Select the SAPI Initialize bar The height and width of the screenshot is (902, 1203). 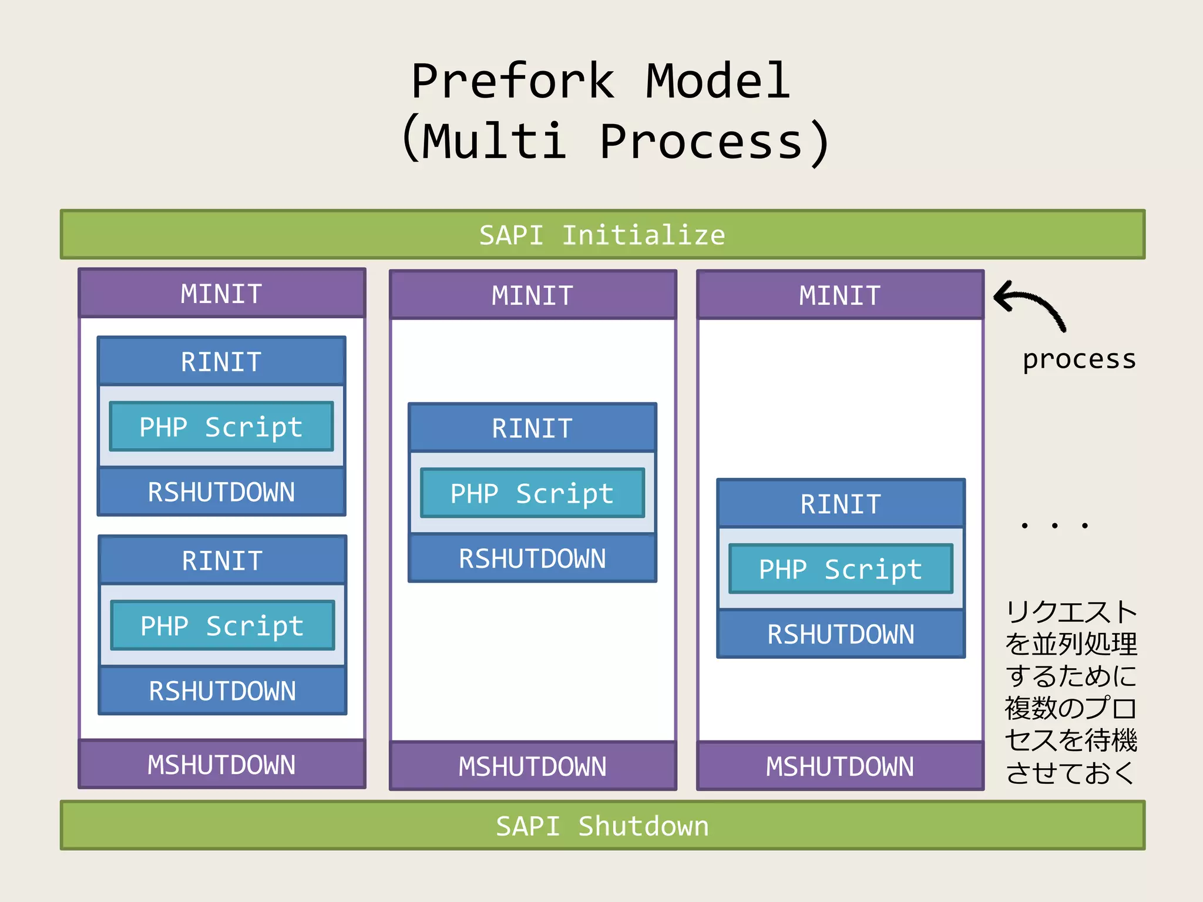coord(602,235)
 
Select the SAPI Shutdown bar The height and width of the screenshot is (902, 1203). coord(602,826)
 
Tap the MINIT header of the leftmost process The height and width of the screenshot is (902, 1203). coord(221,294)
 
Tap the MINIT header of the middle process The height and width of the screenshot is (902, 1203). coord(532,295)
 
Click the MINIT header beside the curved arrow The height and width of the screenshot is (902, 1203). coord(839,295)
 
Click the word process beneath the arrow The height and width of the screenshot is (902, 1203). coord(1079,359)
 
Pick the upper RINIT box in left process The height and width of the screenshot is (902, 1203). coord(221,361)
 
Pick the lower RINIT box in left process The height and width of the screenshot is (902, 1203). coord(222,560)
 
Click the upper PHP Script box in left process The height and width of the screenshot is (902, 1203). coord(221,427)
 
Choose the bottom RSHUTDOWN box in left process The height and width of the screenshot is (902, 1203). coord(222,691)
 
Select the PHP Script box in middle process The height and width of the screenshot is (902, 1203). coord(532,493)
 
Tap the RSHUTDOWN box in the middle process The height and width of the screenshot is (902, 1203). coord(532,558)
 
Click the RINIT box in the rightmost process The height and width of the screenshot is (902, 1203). coord(841,504)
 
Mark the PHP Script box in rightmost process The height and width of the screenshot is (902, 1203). coord(841,569)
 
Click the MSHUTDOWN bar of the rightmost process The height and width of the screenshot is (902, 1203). coord(839,766)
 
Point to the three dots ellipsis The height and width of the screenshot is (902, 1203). coord(1054,525)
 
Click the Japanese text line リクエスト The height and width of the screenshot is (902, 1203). coord(1071,612)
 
